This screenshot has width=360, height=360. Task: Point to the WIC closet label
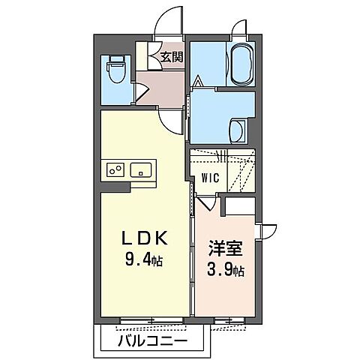click(210, 178)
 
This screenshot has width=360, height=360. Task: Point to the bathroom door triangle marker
click(199, 81)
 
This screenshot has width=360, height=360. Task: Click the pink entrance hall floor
click(163, 88)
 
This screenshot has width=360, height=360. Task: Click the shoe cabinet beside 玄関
click(142, 55)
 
